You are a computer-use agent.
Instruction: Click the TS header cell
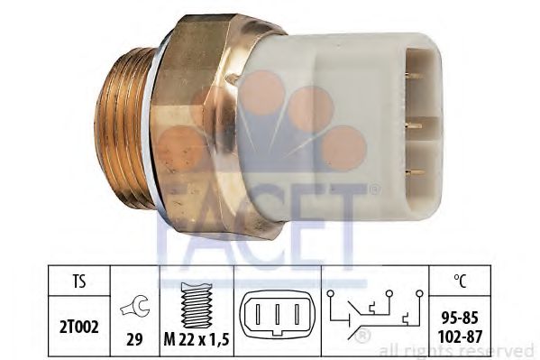coord(79,281)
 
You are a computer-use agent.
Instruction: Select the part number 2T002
coord(79,327)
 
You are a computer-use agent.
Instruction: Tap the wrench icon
coord(135,307)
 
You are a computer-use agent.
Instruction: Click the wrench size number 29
coord(134,340)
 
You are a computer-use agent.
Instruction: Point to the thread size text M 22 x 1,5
coord(197,340)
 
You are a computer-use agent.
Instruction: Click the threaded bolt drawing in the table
coord(197,305)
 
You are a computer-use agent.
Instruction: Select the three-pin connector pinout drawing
coord(278,313)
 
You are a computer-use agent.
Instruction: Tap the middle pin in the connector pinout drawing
coord(278,313)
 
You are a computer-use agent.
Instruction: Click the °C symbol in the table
coord(460,281)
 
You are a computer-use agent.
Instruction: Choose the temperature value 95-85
coord(460,318)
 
